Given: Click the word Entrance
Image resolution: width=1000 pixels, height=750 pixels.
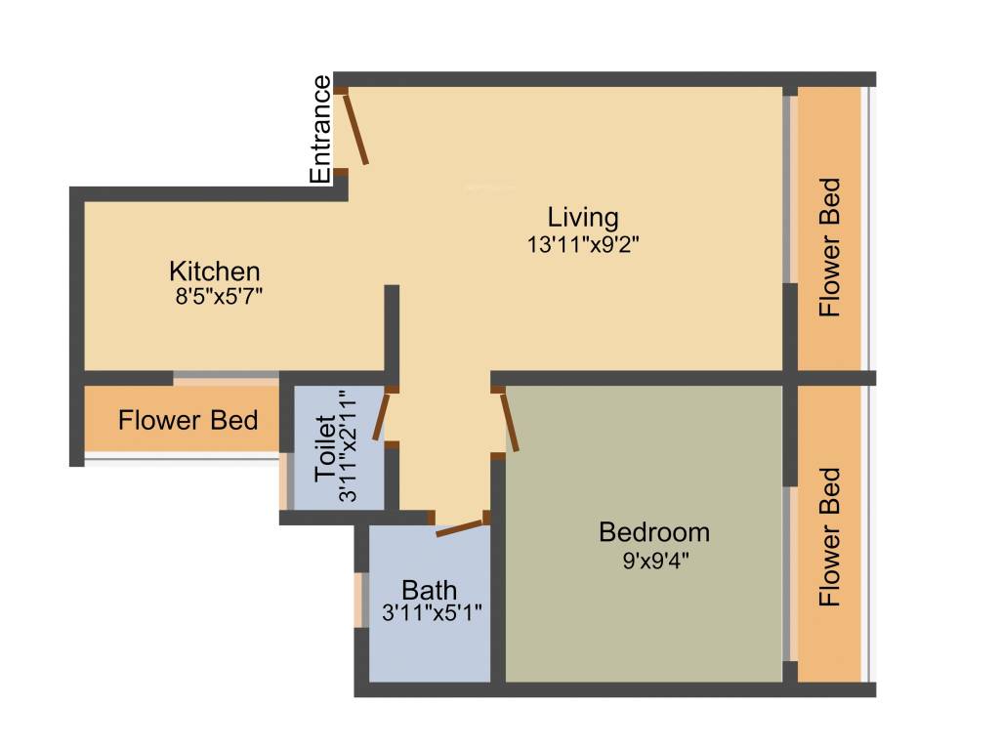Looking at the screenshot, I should click(x=320, y=130).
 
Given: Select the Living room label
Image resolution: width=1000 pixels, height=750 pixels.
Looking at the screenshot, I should click(x=582, y=216).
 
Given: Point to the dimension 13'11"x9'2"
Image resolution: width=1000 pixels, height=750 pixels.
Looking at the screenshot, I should click(x=583, y=244).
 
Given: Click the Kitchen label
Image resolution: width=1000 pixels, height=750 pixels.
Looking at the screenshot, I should click(x=214, y=271).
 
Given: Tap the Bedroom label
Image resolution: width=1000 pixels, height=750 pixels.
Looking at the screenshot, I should click(x=653, y=532).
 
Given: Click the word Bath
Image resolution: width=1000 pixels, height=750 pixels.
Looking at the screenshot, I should click(x=430, y=590).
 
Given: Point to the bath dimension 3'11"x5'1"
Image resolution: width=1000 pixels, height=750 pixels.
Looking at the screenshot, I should click(x=431, y=612).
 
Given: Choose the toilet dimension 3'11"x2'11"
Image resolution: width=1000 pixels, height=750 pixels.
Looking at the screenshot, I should click(x=347, y=447).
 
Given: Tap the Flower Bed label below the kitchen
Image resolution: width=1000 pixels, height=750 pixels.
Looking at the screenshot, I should click(x=187, y=421).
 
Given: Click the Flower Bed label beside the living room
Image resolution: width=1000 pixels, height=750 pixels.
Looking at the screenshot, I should click(x=829, y=246).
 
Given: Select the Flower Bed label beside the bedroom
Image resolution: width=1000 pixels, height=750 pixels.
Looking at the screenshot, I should click(x=829, y=537).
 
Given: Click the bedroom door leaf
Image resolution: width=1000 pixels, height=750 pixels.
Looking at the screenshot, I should click(x=508, y=421).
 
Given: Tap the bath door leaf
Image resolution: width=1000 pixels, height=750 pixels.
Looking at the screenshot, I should click(x=459, y=527).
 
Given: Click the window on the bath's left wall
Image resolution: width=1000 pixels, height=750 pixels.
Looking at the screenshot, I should click(x=359, y=599).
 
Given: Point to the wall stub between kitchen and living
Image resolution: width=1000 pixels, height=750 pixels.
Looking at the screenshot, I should click(x=392, y=327).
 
